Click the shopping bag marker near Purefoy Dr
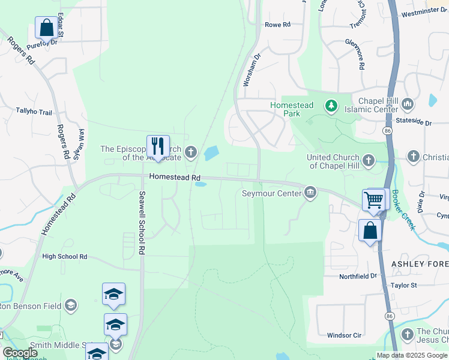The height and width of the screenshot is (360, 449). (x=46, y=27)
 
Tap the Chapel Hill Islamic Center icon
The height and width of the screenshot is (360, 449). (x=408, y=104)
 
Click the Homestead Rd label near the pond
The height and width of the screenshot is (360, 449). (x=174, y=177)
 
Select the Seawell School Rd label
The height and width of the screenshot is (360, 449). (x=142, y=222)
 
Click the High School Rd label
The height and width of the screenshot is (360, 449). (x=65, y=257)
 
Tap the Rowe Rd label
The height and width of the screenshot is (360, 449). (x=277, y=25)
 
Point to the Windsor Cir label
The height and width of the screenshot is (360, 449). (x=344, y=335)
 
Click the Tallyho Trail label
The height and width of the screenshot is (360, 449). (x=35, y=110)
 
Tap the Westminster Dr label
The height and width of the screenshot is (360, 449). (x=423, y=13)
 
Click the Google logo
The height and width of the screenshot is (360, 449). (x=20, y=353)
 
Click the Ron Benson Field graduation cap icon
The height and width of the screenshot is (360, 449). (x=71, y=306)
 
